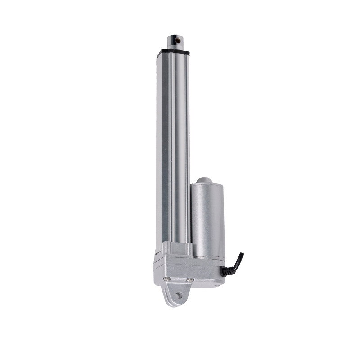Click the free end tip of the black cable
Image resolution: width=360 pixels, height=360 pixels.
[x=242, y=255]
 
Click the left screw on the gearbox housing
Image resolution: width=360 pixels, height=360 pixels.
[x=168, y=280]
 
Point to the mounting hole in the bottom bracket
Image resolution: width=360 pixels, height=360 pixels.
[x=180, y=296]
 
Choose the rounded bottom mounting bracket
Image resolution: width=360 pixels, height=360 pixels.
[x=175, y=297]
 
